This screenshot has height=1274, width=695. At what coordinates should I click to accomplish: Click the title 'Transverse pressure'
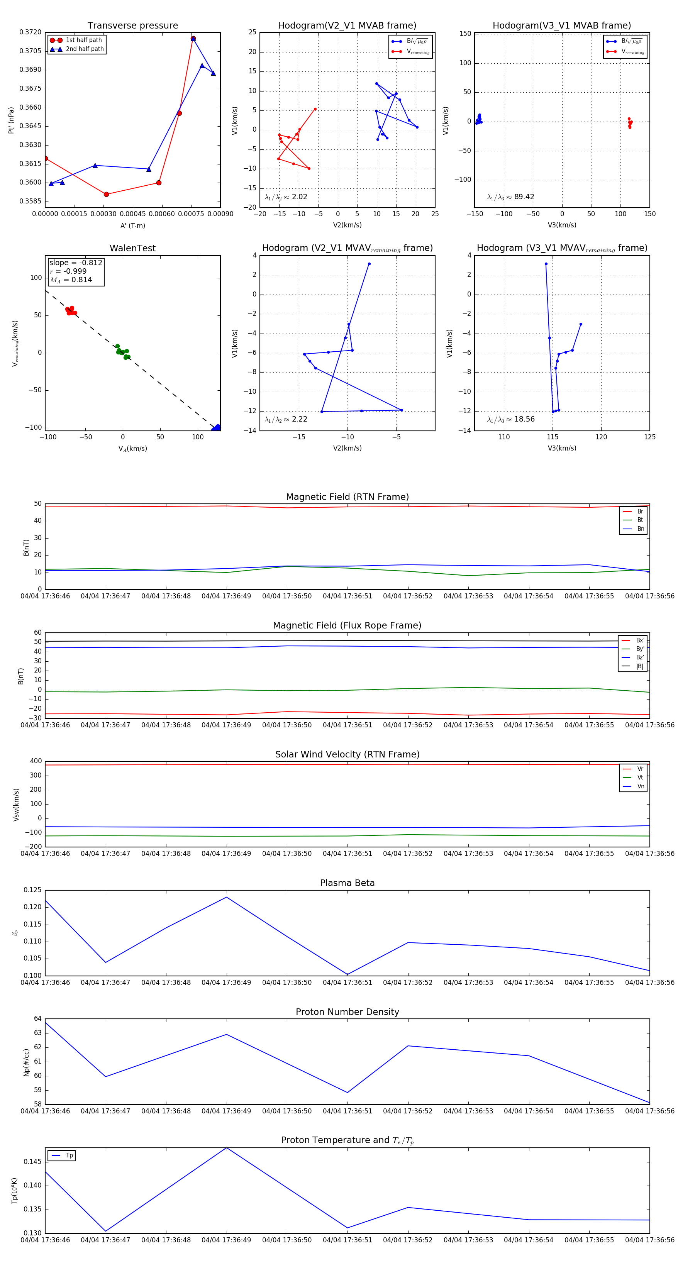pyautogui.click(x=132, y=26)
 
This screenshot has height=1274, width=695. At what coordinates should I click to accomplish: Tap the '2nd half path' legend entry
pyautogui.click(x=85, y=49)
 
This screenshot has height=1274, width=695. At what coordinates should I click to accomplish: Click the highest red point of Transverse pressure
pyautogui.click(x=193, y=39)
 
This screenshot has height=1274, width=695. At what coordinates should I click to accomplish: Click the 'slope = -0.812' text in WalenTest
pyautogui.click(x=76, y=263)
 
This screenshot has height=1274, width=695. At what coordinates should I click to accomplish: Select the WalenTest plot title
pyautogui.click(x=132, y=248)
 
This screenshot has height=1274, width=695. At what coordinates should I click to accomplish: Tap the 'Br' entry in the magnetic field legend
pyautogui.click(x=640, y=512)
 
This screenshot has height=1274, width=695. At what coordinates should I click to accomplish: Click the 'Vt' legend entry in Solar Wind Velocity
pyautogui.click(x=640, y=778)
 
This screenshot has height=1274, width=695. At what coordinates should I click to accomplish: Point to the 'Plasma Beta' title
pyautogui.click(x=347, y=883)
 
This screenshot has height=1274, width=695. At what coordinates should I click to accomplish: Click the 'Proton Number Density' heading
pyautogui.click(x=347, y=1012)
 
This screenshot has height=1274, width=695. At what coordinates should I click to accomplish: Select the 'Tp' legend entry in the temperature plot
pyautogui.click(x=69, y=1155)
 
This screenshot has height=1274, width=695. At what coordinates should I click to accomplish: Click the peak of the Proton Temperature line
pyautogui.click(x=227, y=1148)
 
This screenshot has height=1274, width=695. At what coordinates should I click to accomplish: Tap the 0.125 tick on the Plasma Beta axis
pyautogui.click(x=33, y=890)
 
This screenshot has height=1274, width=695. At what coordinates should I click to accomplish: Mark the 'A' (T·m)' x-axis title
pyautogui.click(x=132, y=225)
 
